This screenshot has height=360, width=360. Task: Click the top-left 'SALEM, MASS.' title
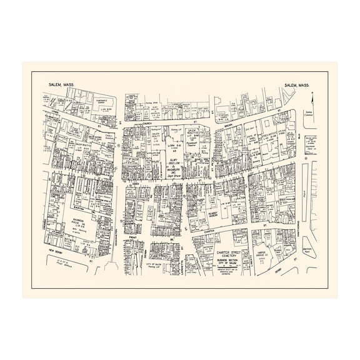59,85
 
